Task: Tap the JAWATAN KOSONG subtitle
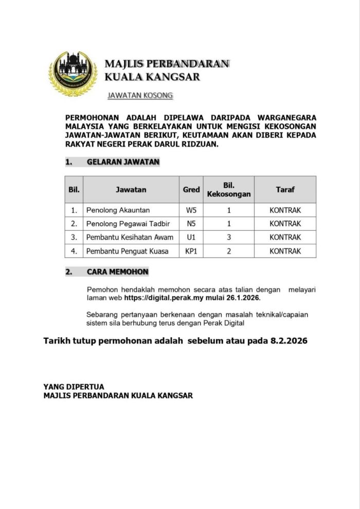tap(140, 96)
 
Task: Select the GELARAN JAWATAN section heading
tap(123, 162)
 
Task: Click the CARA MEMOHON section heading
tap(117, 272)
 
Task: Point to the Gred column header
tap(191, 190)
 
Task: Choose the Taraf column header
tap(285, 190)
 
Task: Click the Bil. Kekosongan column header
tap(229, 190)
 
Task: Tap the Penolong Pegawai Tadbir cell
tap(129, 224)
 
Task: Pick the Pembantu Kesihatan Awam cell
tap(130, 238)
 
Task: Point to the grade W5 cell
tap(191, 210)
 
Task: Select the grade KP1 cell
tap(191, 251)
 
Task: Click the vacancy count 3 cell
tap(229, 238)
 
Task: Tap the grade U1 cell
tap(191, 238)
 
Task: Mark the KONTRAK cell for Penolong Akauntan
tap(285, 210)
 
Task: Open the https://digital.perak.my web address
tap(167, 298)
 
